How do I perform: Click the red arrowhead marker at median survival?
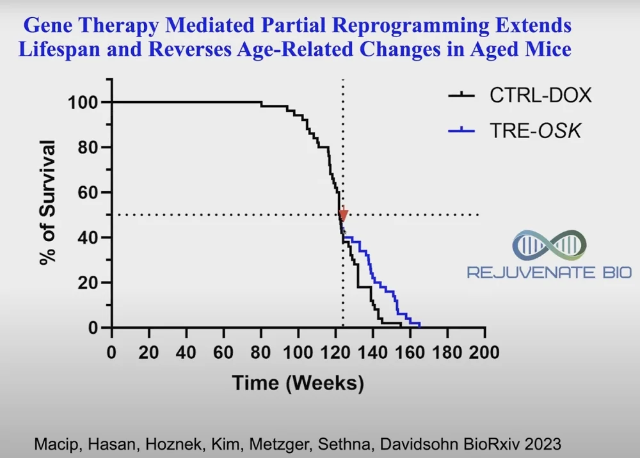coord(344,215)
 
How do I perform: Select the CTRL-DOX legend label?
coord(541,95)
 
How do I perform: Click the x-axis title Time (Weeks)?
coord(298,383)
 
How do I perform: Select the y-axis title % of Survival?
coord(48,203)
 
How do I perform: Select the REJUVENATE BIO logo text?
coord(549,273)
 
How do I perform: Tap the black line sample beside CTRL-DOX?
coord(461,95)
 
